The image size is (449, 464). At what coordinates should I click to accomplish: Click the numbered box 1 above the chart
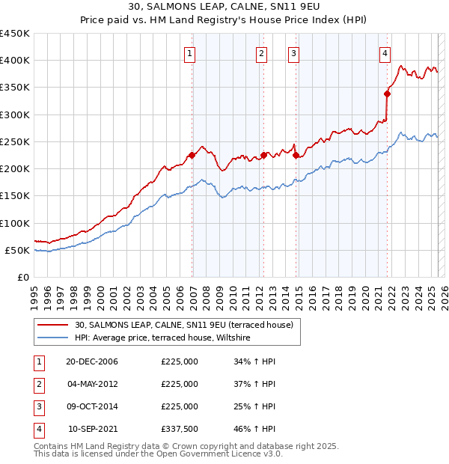190,53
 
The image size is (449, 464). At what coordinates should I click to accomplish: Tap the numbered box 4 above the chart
384,53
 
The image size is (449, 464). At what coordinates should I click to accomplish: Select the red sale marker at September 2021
388,94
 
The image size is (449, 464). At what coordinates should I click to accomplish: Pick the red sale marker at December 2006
192,155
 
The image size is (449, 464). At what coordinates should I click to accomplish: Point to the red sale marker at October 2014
296,156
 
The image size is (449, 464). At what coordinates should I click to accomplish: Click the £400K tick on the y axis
16,61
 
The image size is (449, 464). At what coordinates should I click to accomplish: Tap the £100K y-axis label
16,223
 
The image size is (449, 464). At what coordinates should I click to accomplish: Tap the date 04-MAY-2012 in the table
92,384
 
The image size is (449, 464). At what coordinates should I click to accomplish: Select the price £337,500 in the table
180,429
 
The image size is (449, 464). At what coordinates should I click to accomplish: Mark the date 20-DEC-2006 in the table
92,361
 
